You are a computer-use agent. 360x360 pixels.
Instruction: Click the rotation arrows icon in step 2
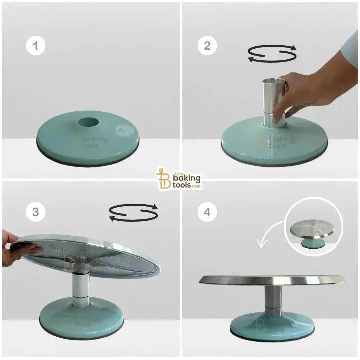[x=273, y=54]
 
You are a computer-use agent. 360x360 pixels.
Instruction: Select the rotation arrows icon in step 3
[x=133, y=212]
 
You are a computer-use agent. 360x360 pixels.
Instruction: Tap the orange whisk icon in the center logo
[x=162, y=179]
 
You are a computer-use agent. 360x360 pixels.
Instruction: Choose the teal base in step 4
[x=272, y=325]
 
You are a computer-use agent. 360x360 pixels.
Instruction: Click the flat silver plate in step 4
[x=272, y=280]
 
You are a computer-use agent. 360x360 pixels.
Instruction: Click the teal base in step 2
[x=275, y=142]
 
